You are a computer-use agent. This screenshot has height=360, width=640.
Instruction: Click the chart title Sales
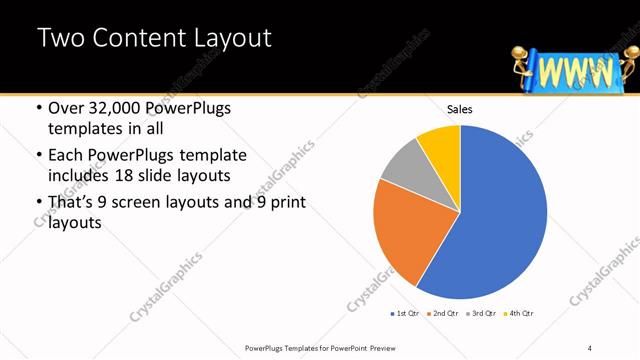click(459, 110)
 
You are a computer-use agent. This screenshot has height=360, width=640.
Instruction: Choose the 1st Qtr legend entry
click(406, 314)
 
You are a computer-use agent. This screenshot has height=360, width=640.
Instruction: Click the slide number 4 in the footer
click(590, 348)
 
